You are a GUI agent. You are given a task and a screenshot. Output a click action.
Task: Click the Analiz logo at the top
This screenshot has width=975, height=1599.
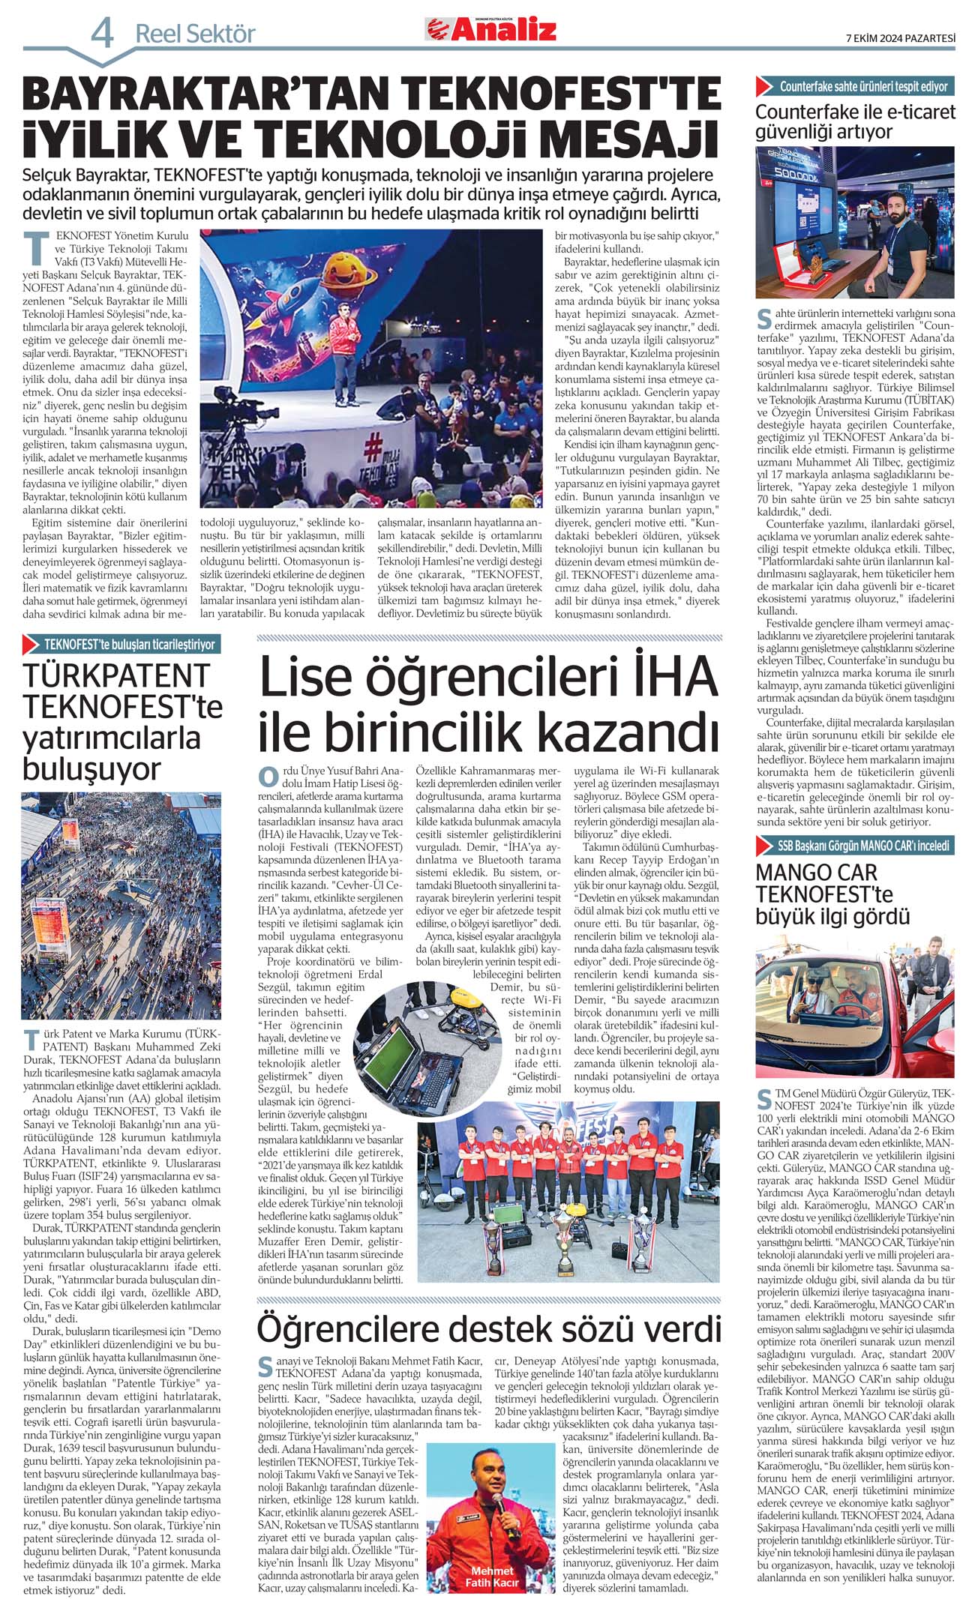pos(492,30)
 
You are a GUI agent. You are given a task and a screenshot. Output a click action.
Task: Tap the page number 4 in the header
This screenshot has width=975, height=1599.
pos(103,34)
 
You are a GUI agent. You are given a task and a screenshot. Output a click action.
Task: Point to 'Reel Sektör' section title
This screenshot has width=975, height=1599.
pos(195,34)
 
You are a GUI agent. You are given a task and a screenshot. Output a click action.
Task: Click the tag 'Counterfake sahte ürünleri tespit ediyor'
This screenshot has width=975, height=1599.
pos(862,86)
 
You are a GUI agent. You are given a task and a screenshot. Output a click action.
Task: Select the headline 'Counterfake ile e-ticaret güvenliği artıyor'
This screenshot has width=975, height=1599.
pos(855,122)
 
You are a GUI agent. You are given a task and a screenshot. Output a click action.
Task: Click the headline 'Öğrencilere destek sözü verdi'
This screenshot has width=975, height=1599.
pos(489,1329)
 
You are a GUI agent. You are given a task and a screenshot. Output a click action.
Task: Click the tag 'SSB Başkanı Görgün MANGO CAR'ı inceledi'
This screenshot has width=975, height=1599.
pos(862,846)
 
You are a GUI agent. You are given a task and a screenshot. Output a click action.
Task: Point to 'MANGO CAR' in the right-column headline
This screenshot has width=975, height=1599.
pos(816,873)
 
